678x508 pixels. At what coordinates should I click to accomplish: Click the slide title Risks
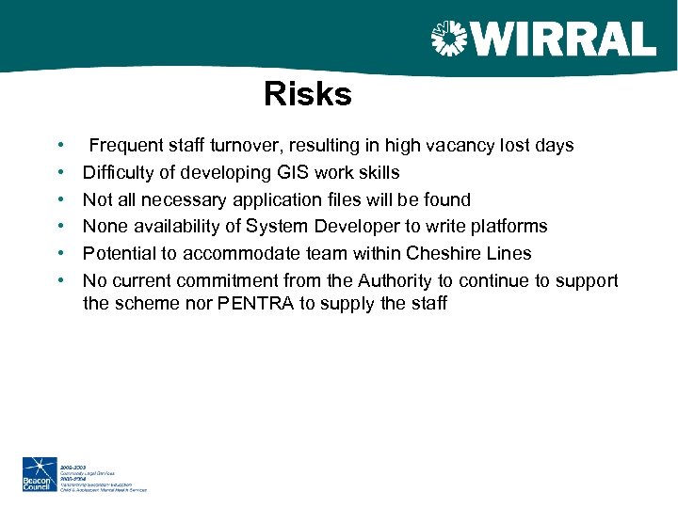click(x=307, y=95)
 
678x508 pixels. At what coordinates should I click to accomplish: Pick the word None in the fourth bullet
click(x=105, y=227)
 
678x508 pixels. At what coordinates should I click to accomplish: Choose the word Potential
click(x=118, y=254)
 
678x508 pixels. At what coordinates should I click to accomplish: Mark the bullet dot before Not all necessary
click(x=61, y=200)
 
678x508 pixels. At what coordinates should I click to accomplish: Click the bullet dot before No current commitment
click(x=61, y=281)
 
